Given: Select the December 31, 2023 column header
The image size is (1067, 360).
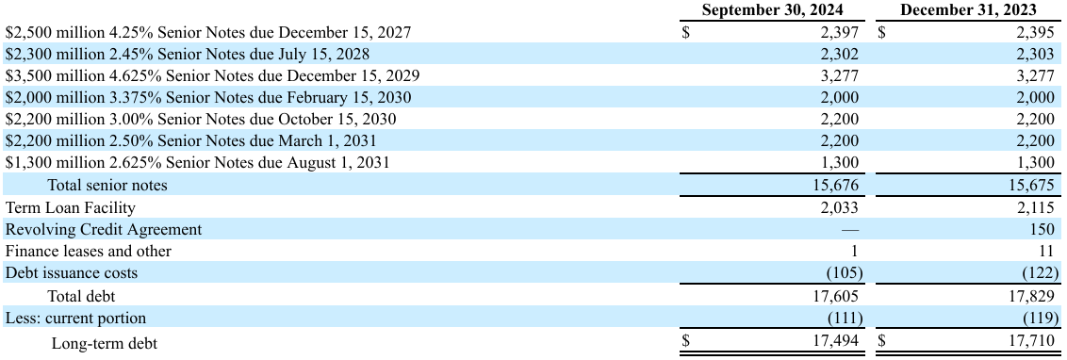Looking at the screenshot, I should [x=967, y=10].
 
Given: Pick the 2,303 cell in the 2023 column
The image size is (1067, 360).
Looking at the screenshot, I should [x=1032, y=54].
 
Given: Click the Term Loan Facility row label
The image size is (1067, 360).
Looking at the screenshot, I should [x=71, y=207].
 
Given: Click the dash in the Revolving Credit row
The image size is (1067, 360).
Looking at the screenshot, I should [x=850, y=229].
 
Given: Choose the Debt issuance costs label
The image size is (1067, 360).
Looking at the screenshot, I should [x=72, y=273].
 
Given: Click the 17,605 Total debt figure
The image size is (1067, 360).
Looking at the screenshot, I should [x=835, y=296].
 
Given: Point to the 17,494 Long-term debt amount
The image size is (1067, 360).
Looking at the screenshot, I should [x=835, y=341].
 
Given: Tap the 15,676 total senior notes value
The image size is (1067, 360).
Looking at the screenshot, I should [x=835, y=186].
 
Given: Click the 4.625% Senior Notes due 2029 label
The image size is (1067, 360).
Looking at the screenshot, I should [x=213, y=75].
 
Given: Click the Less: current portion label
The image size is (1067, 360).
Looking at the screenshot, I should [x=76, y=319].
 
